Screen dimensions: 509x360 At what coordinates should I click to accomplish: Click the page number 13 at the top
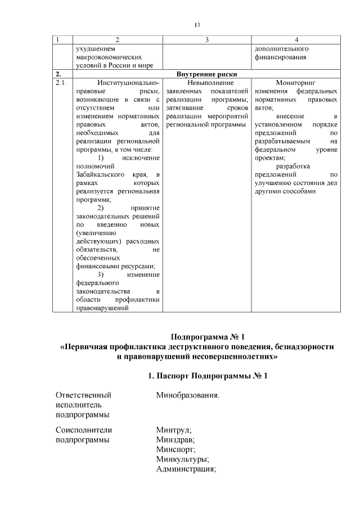point(197,25)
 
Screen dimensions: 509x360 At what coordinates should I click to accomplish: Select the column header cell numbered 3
point(208,39)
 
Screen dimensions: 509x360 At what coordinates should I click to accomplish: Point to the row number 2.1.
point(61,83)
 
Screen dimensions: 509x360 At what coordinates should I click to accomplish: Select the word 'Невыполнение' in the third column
point(207,83)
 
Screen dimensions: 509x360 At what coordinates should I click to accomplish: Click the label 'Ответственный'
point(83,395)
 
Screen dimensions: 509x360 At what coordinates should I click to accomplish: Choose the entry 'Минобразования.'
point(187,395)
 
